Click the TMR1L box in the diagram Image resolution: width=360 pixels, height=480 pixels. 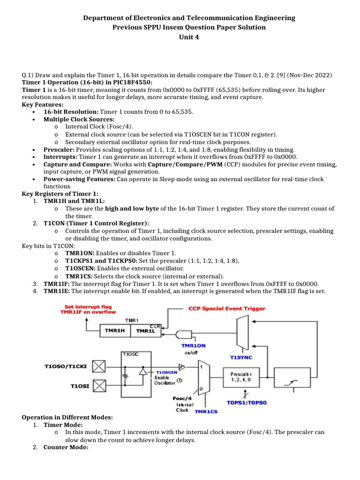pyautogui.click(x=146, y=330)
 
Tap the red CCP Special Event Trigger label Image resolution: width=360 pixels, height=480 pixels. pyautogui.click(x=227, y=308)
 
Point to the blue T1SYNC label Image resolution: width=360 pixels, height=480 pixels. pyautogui.click(x=240, y=357)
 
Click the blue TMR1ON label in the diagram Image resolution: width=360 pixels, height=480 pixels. pyautogui.click(x=194, y=345)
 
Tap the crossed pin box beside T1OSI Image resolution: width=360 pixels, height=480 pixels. pyautogui.click(x=99, y=386)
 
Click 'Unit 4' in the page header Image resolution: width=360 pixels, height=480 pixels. pyautogui.click(x=189, y=37)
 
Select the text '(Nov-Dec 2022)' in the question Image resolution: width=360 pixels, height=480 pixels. pyautogui.click(x=309, y=75)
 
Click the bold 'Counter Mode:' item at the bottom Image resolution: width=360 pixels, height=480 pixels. pyautogui.click(x=66, y=448)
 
